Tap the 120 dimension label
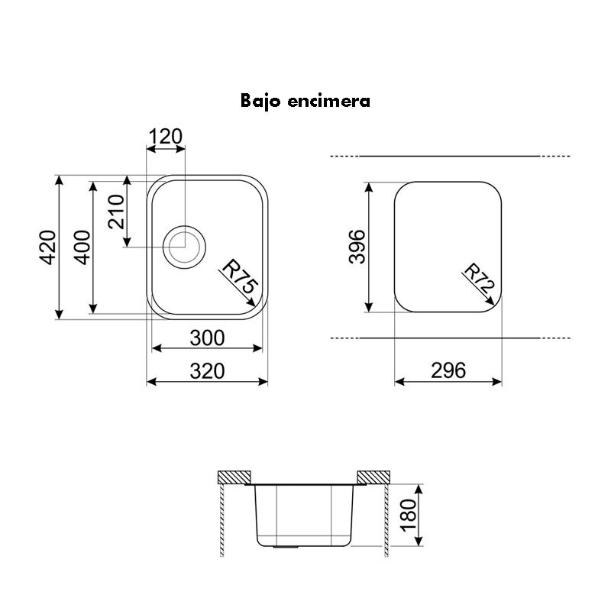[165, 137]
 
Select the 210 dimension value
[117, 212]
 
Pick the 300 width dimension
[207, 337]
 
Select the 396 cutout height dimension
[357, 247]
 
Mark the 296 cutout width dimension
[448, 370]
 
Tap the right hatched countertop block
[374, 477]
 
